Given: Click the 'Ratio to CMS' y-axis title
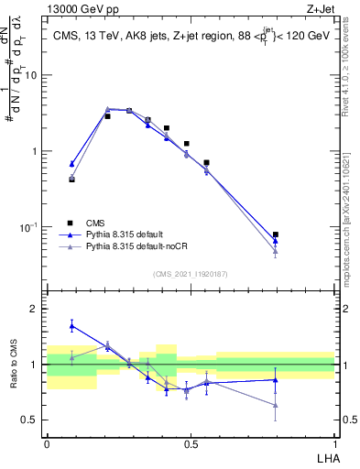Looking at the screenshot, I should pos(14,365).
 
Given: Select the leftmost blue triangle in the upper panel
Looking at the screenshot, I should pos(71,163).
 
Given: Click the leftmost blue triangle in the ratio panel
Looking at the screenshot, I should pos(71,325).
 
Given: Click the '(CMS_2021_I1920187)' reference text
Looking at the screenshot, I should pos(191,274).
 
